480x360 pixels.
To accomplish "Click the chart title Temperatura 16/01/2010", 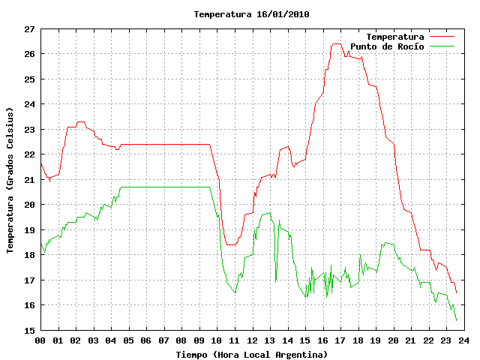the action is click(x=252, y=14).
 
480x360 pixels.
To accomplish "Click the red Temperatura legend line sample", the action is click(x=442, y=37).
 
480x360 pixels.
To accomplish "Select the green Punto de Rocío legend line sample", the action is click(x=442, y=46).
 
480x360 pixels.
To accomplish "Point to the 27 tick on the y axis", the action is click(x=30, y=29).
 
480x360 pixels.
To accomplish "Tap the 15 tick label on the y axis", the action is click(x=30, y=331).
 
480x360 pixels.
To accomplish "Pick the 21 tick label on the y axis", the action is click(x=30, y=180).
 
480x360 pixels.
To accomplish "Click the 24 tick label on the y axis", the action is click(x=30, y=104).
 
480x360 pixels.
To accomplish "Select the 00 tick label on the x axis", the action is click(x=40, y=340).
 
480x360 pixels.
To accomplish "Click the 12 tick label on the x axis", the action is click(x=252, y=340).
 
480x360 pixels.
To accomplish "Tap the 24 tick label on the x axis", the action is click(x=464, y=340).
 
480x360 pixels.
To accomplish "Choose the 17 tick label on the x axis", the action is click(x=340, y=340).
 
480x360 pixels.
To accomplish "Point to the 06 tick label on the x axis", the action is click(x=146, y=340).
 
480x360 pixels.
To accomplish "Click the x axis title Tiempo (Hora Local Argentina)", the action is click(x=252, y=355).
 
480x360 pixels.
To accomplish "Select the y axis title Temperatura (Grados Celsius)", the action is click(x=10, y=180).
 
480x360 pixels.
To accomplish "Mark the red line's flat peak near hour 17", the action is click(x=337, y=43).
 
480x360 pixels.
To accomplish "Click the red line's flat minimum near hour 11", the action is click(x=231, y=244).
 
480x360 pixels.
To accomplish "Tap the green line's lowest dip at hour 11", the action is click(x=235, y=293).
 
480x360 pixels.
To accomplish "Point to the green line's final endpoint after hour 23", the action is click(x=457, y=320).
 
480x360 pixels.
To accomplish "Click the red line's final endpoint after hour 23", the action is click(x=457, y=293).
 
